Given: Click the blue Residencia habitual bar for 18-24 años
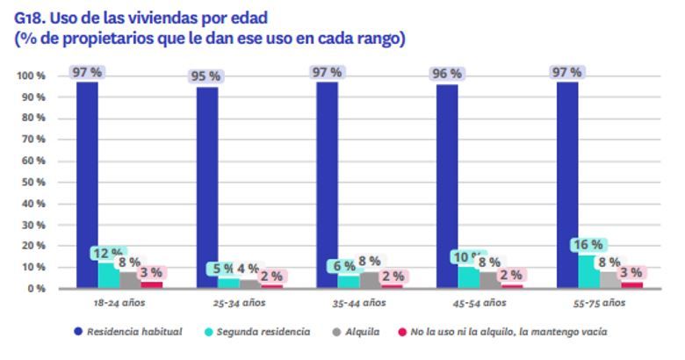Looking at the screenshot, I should (87, 184).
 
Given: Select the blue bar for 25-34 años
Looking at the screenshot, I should (207, 186).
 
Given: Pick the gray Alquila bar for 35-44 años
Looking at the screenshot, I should (369, 280).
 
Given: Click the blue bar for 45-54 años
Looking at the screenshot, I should (447, 186).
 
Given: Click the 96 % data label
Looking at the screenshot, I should (446, 74).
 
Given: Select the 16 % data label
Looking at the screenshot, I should (588, 244).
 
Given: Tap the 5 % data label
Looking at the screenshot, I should (223, 269).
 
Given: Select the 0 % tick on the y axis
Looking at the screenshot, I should (34, 289).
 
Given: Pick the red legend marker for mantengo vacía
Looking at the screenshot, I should (403, 332).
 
